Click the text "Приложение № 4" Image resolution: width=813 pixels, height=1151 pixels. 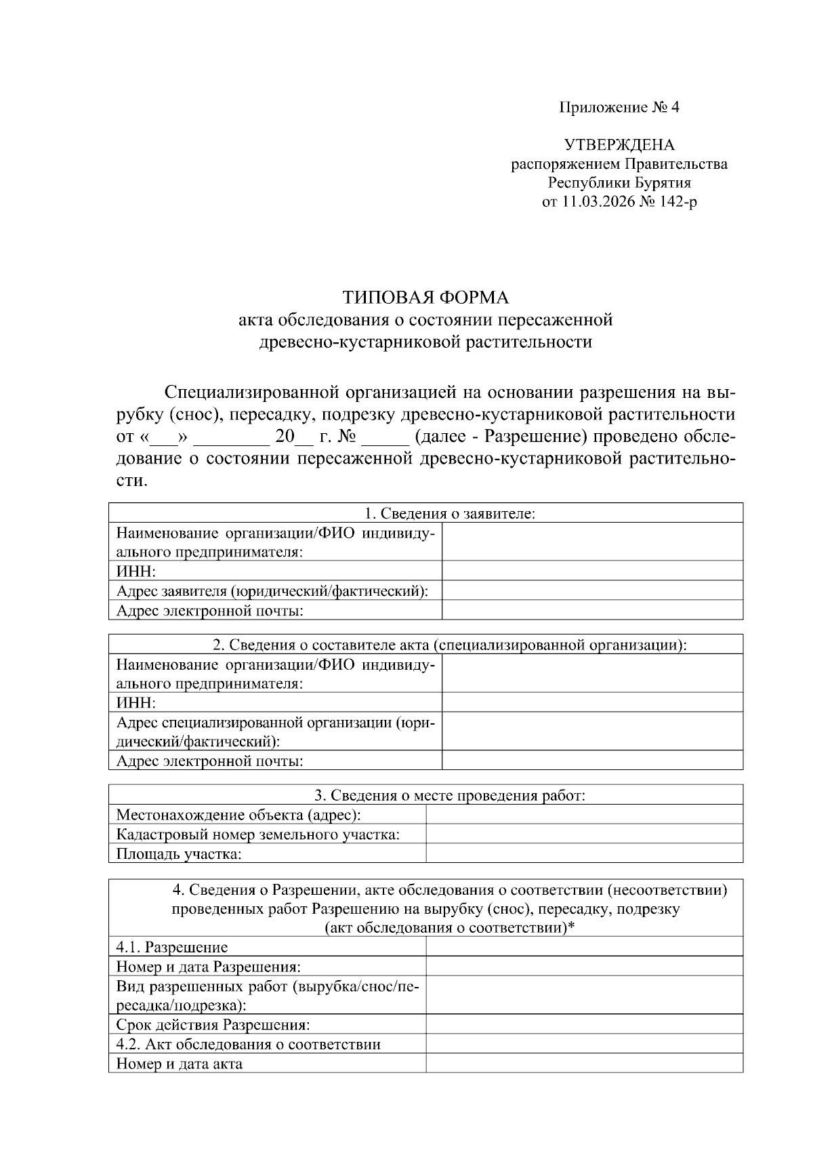[619, 107]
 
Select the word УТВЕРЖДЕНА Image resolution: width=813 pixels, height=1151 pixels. [619, 145]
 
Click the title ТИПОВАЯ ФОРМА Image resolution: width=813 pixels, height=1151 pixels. [425, 298]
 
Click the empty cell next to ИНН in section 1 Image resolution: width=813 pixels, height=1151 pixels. [592, 571]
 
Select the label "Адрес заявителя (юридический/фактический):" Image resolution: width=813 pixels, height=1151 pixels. [272, 591]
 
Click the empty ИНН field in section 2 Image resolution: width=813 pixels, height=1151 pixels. [592, 702]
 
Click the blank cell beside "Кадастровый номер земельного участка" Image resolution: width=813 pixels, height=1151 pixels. [584, 834]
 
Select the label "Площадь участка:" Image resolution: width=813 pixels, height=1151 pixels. [179, 854]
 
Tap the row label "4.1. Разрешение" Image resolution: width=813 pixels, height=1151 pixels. [172, 947]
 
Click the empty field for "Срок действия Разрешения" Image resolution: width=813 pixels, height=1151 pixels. [584, 1024]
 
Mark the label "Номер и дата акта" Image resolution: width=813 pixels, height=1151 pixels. [180, 1064]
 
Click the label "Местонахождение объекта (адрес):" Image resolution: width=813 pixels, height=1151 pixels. [238, 815]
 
